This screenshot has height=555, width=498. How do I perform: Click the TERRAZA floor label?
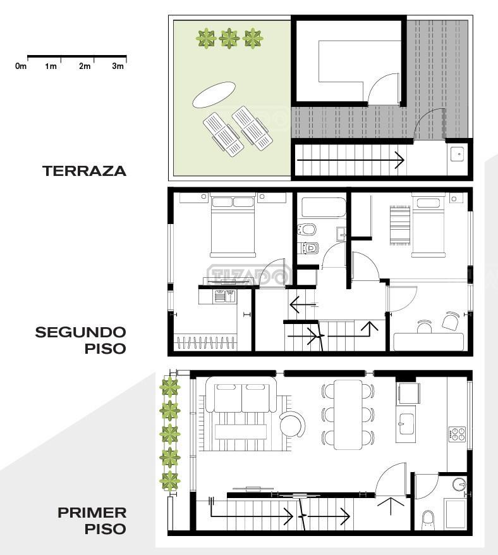[85, 171]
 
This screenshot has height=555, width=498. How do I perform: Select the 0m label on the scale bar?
[21, 66]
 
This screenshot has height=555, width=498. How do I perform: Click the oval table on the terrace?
[214, 94]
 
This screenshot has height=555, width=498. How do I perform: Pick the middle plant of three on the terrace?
[230, 38]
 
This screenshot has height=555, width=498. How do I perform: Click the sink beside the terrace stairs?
[459, 154]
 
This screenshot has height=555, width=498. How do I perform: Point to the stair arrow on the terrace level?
[351, 160]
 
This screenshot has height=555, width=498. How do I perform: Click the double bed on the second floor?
[233, 225]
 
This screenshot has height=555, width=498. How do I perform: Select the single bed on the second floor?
[428, 225]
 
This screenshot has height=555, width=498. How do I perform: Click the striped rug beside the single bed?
[400, 225]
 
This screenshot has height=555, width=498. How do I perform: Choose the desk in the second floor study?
[428, 342]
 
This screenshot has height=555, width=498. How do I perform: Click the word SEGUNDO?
[81, 332]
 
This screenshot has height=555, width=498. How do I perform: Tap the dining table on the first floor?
[348, 415]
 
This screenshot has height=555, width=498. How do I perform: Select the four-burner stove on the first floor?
[458, 434]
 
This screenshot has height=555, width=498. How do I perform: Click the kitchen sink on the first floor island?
[404, 423]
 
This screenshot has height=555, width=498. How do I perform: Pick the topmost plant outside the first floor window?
[171, 387]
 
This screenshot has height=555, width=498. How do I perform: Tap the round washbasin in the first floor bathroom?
[459, 484]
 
